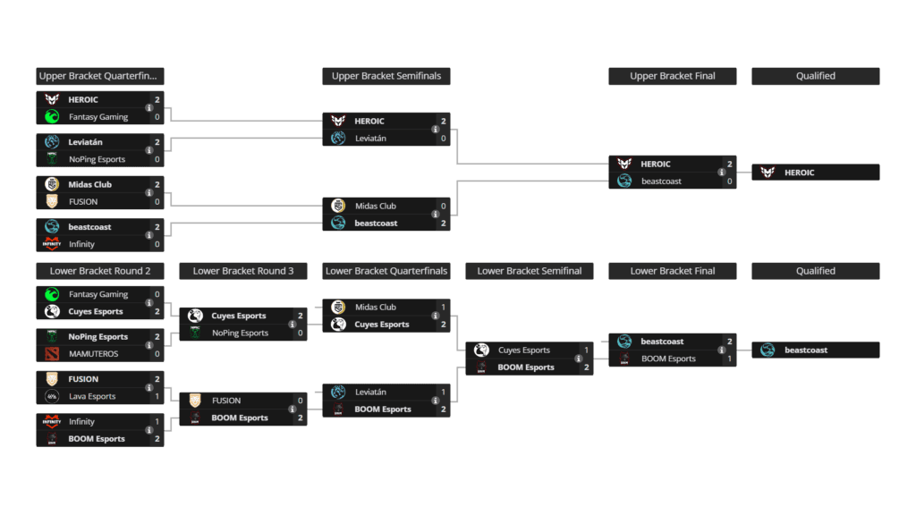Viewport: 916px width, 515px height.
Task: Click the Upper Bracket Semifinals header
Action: coord(386,76)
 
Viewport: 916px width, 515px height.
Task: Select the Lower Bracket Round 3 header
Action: coord(242,271)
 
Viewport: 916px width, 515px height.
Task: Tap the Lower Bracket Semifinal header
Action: coord(529,271)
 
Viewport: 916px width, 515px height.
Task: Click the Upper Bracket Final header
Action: coord(672,76)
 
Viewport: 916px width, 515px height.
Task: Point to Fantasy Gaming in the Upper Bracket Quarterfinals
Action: coord(98,117)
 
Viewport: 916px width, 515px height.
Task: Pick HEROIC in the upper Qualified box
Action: coord(799,173)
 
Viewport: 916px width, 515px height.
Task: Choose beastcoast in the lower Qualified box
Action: coord(805,350)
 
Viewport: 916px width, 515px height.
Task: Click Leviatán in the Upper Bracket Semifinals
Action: coord(370,139)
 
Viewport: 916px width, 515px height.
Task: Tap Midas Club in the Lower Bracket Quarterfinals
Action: coord(375,307)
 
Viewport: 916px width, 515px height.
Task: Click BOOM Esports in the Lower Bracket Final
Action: coord(667,359)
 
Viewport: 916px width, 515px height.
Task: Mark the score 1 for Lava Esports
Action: coord(157,397)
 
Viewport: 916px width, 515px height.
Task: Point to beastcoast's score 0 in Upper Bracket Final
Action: coord(730,182)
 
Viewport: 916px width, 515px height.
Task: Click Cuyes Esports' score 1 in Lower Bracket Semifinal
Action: coord(587,350)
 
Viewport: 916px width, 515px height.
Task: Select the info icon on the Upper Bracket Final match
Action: coord(721,173)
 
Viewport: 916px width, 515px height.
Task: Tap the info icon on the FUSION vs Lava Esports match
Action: coord(148,388)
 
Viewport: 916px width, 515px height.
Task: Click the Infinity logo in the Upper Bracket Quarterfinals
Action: coord(52,244)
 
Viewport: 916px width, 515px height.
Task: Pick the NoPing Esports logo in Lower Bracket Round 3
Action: coord(195,333)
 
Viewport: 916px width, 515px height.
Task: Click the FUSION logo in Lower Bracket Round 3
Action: coord(195,401)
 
